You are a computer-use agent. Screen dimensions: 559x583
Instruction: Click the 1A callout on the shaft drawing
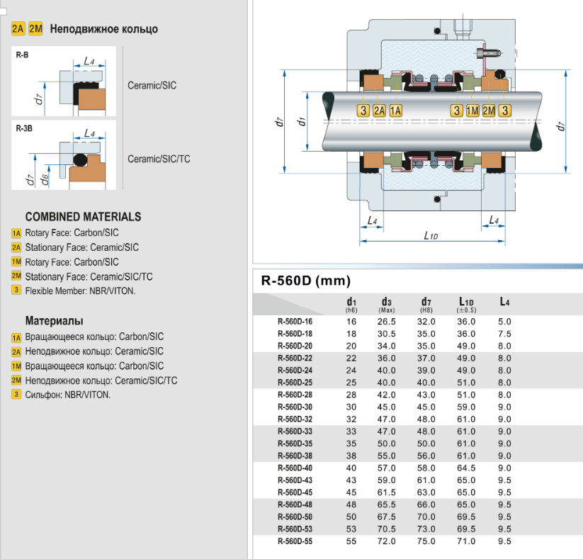click(395, 110)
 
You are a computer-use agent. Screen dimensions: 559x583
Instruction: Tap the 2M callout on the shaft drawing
click(489, 110)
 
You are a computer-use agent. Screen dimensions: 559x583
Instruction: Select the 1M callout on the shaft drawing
click(472, 110)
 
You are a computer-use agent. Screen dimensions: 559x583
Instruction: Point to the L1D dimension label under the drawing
click(431, 235)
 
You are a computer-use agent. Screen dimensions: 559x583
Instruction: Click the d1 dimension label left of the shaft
click(302, 122)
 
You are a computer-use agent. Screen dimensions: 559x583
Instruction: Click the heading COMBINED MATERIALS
click(83, 217)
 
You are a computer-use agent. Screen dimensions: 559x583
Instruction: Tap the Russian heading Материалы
click(54, 321)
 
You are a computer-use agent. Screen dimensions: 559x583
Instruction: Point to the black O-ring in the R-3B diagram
click(79, 158)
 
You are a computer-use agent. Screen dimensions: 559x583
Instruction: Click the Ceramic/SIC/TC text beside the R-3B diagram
click(159, 159)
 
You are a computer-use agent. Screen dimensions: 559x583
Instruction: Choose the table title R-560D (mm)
click(306, 281)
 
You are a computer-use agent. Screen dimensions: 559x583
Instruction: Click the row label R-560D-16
click(295, 321)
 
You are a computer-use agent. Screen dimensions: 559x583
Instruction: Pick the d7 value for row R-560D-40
click(426, 468)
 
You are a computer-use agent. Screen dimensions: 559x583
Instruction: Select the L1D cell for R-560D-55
click(466, 542)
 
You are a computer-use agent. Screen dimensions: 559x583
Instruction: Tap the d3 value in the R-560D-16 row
click(386, 321)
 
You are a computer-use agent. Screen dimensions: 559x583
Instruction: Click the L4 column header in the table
click(504, 303)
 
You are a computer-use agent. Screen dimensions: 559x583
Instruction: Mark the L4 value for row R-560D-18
click(504, 334)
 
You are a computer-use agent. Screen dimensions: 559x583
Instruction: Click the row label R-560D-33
click(295, 431)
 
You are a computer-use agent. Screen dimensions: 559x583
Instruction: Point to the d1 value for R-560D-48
click(351, 505)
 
